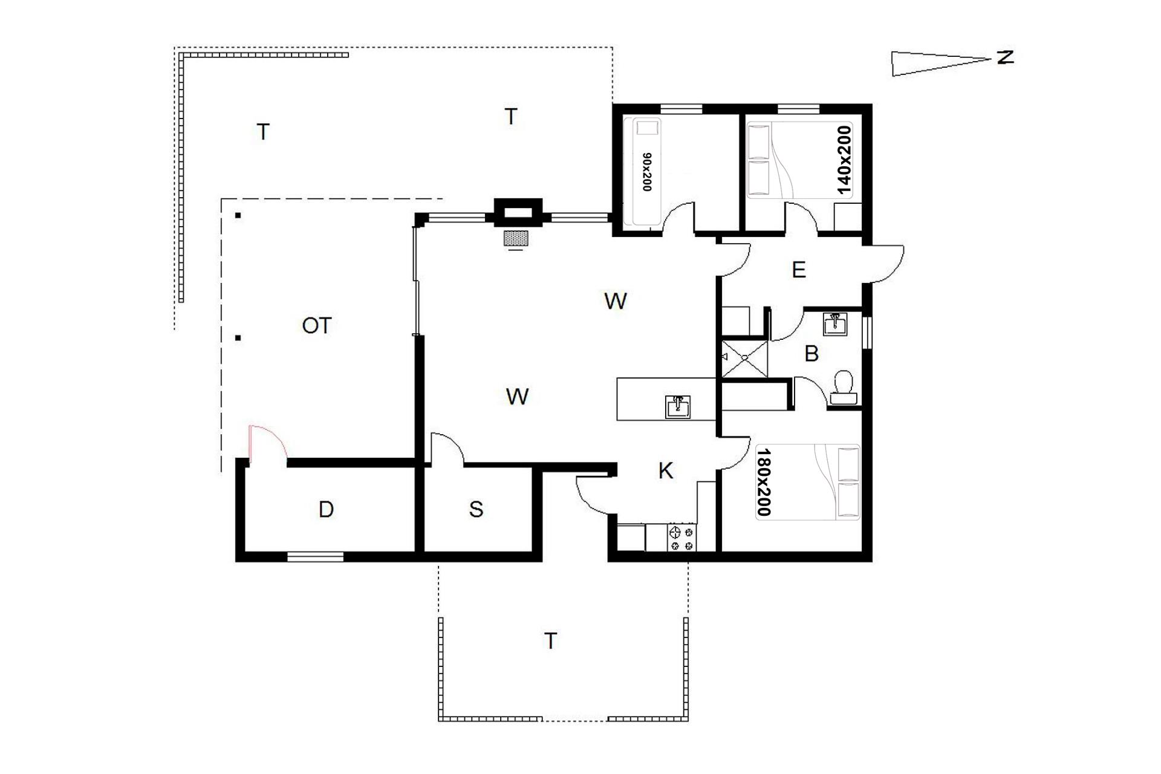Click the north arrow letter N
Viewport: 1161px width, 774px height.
coord(1005,57)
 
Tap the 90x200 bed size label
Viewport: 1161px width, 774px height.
coord(647,172)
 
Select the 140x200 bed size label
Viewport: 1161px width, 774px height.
coord(844,160)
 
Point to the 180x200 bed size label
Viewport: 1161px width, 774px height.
coord(764,482)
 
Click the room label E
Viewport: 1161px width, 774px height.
coord(799,270)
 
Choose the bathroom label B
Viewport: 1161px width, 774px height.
coord(811,354)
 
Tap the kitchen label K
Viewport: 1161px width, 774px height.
coord(666,470)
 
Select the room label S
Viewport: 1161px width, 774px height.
coord(476,509)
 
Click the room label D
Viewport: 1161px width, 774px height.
coord(326,509)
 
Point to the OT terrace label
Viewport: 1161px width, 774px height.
coord(316,326)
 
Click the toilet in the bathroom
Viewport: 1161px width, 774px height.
coord(844,388)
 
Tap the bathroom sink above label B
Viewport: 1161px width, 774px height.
coord(835,324)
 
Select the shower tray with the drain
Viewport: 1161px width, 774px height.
coord(745,359)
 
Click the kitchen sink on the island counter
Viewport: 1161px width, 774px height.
coord(678,407)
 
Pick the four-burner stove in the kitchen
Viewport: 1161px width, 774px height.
coord(682,538)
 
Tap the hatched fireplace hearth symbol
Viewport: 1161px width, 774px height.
coord(516,238)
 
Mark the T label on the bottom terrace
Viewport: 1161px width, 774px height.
coord(550,641)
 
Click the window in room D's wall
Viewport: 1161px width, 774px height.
coord(315,557)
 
